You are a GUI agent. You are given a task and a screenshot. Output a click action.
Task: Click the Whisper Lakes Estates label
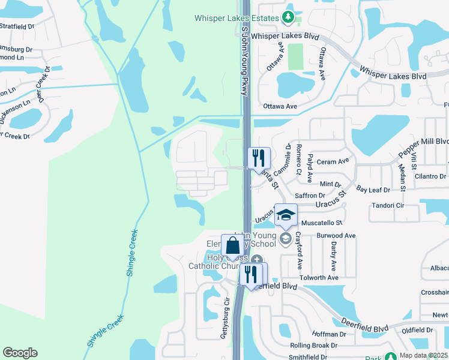[237, 18]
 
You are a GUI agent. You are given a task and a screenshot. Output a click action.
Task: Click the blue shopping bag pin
[232, 246]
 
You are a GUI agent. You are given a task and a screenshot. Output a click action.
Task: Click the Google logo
[20, 353]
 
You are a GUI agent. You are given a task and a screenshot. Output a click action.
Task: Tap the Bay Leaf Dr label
[373, 190]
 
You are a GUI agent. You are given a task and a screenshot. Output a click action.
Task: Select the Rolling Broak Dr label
[314, 346]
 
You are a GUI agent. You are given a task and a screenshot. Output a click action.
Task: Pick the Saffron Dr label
[310, 196]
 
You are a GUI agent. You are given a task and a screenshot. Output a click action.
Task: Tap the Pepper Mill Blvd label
[424, 148]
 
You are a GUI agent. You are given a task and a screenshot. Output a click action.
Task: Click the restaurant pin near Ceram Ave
[258, 158]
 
